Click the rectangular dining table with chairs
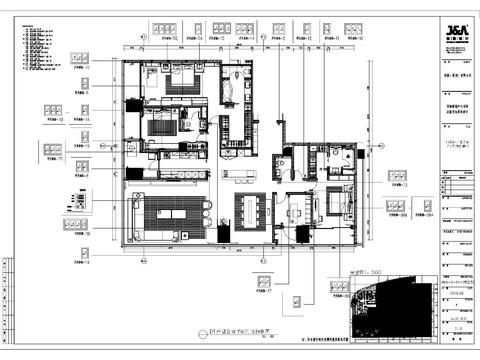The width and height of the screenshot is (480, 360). (x=251, y=212)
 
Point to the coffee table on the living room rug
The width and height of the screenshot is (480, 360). (x=168, y=216)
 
